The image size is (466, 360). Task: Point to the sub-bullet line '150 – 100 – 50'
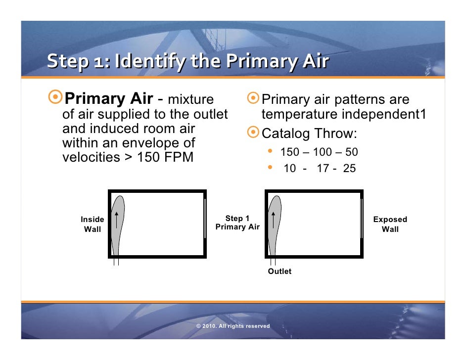(319, 152)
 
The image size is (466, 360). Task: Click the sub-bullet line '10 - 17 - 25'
(319, 169)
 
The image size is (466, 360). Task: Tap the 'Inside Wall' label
(93, 224)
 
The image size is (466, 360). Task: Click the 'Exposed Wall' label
(390, 224)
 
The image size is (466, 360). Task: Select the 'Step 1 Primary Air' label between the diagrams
(237, 223)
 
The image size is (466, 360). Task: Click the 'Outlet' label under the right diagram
(280, 271)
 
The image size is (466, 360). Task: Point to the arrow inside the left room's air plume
(116, 220)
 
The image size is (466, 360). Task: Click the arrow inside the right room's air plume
(273, 220)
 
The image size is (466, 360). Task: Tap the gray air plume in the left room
(119, 232)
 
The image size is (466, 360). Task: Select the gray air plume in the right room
(275, 232)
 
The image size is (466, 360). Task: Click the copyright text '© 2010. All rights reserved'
(233, 326)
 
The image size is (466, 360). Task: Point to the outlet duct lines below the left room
(116, 262)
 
